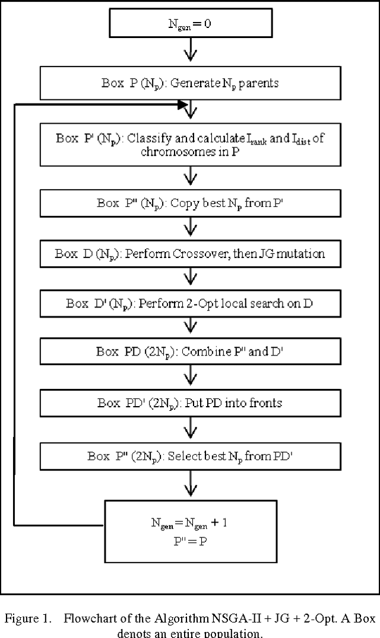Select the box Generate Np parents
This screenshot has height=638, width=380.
tap(190, 83)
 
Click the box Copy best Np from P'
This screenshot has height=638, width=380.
tap(190, 203)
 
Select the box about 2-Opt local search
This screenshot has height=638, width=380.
tap(190, 304)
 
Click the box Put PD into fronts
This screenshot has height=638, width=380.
tap(190, 403)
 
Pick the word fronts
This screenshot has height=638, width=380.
tap(265, 403)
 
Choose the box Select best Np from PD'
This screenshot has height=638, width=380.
tap(190, 457)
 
